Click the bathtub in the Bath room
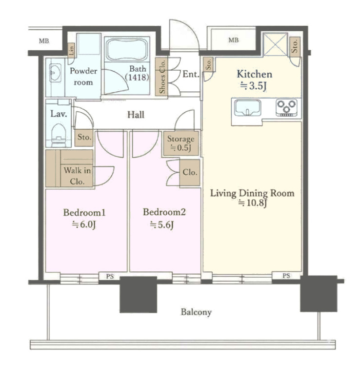[x=127, y=49]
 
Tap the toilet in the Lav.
[x=59, y=135]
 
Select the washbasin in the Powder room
[x=55, y=73]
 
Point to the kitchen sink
[x=247, y=108]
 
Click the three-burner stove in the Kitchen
[x=286, y=107]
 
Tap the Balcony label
[x=196, y=312]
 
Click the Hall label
[x=136, y=115]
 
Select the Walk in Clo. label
[x=77, y=176]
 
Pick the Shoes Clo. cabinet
[x=161, y=77]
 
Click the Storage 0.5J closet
[x=181, y=143]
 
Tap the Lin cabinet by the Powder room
[x=71, y=50]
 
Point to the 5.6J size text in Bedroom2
[x=161, y=225]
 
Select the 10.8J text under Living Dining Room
[x=252, y=203]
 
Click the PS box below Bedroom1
[x=110, y=276]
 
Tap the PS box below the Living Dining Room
[x=286, y=276]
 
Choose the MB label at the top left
[x=44, y=41]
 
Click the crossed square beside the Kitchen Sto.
[x=275, y=44]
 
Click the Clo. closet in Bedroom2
[x=190, y=172]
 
